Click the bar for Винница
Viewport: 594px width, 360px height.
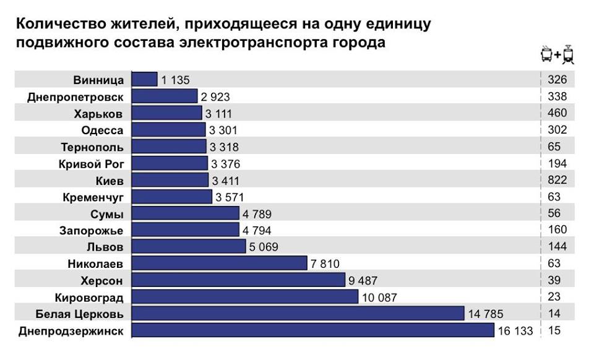145,80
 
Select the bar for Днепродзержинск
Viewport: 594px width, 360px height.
313,331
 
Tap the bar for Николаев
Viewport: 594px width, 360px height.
220,264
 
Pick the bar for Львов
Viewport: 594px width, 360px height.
189,247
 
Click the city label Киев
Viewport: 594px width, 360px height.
110,181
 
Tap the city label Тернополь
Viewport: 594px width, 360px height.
92,147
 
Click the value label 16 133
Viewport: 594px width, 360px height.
515,331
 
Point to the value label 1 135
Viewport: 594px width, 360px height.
175,80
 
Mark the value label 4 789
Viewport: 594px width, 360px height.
256,214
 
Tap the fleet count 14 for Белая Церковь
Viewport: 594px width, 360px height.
554,314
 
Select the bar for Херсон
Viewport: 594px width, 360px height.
238,280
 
